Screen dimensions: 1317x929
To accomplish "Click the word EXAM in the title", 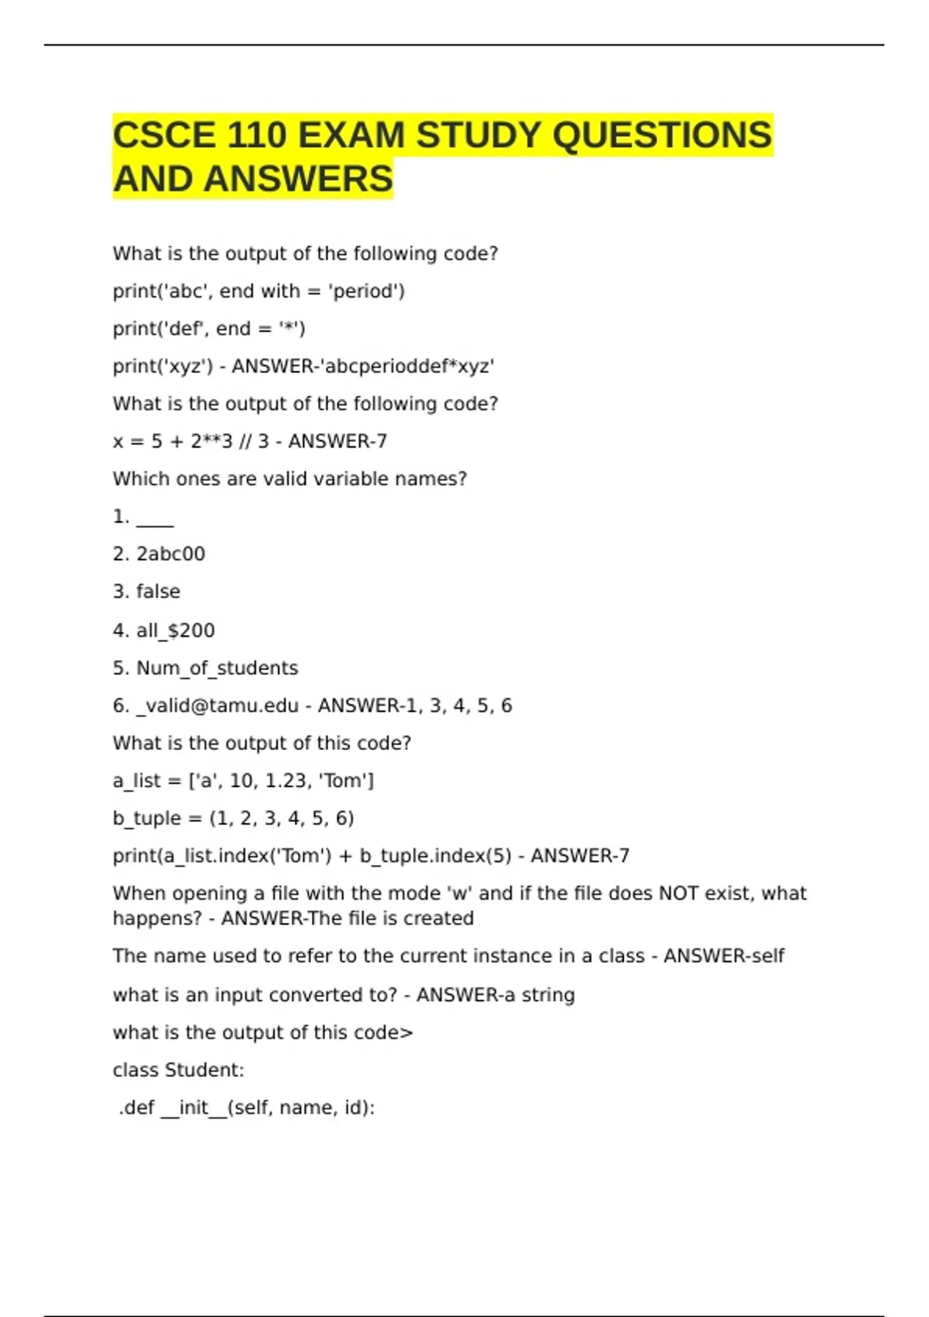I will pos(351,136).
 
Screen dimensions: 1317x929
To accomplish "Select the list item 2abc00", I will pos(170,554).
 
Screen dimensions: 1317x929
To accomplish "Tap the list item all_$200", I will pos(175,631).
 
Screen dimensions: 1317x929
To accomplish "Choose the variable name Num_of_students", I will pos(217,668).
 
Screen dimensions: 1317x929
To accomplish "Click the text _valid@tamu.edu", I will pos(217,706).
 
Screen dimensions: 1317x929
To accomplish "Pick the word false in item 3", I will pos(158,592).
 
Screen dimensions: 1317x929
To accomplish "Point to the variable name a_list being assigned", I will pos(136,781).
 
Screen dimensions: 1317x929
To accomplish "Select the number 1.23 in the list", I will pos(286,781).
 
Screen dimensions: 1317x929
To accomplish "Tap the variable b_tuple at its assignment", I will pos(146,819).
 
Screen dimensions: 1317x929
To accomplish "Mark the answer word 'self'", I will pos(768,956).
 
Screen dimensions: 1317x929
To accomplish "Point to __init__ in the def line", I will pos(194,1108).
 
